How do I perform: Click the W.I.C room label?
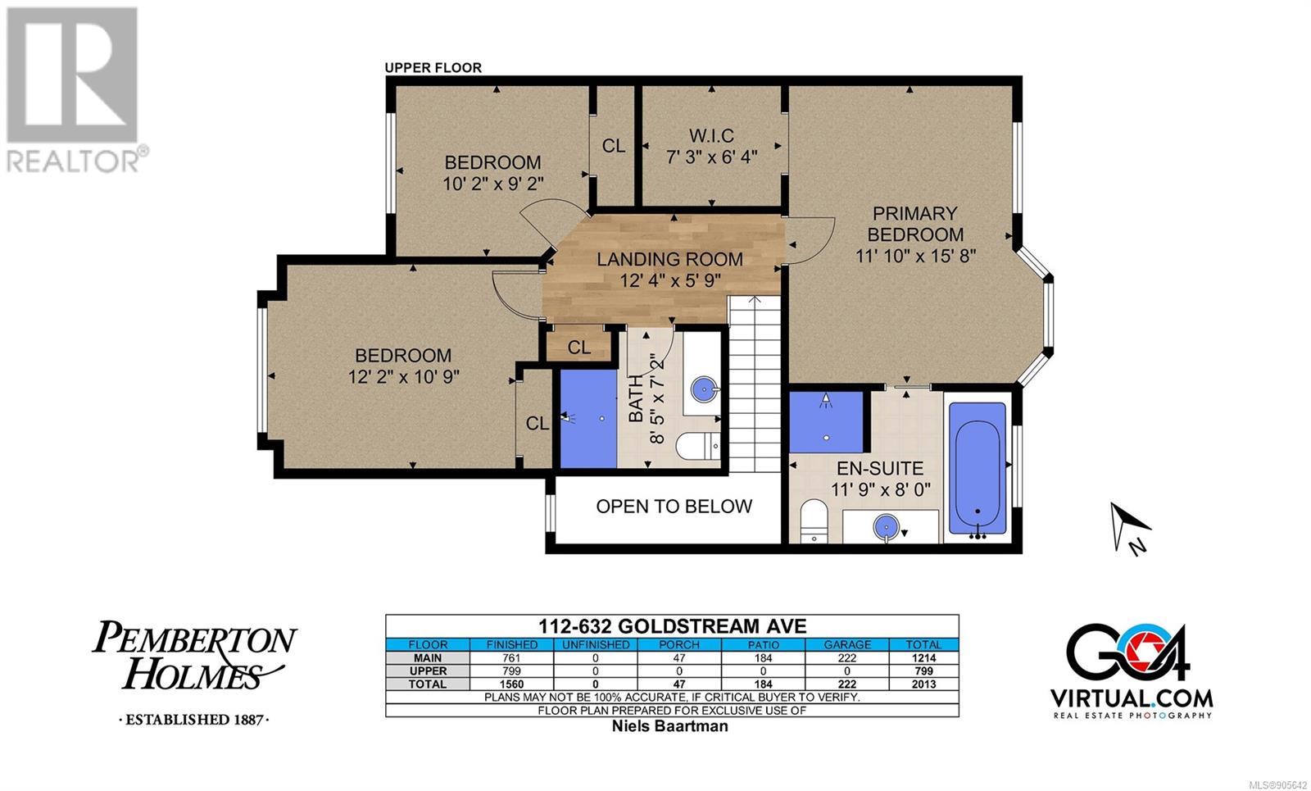pos(711,136)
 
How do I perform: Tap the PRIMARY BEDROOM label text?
pos(915,224)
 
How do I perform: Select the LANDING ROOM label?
pos(669,259)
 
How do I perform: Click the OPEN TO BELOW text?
pos(674,507)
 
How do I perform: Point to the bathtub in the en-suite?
pos(977,468)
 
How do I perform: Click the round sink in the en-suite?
pos(886,525)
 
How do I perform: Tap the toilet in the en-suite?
pos(814,521)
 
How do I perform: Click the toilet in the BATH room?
pos(697,447)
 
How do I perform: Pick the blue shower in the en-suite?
pos(826,421)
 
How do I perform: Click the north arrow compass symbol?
pos(1131,528)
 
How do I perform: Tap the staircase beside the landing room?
pos(755,384)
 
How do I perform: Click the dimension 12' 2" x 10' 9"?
pos(404,376)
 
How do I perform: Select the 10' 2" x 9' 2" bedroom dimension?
pos(492,184)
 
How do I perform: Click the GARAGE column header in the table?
pos(847,644)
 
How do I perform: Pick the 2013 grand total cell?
pos(923,684)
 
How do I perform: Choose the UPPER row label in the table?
pos(428,671)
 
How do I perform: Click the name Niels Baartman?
pos(670,726)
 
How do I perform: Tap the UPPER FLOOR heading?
pos(433,68)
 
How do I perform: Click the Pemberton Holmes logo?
pos(194,672)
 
